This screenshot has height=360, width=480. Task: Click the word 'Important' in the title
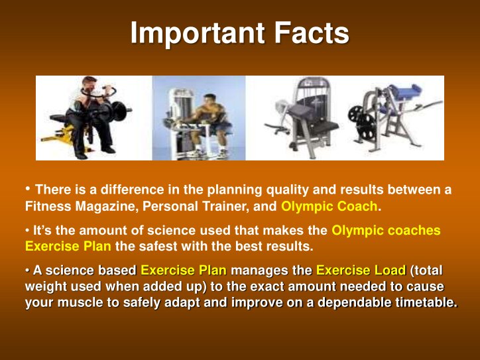[x=193, y=34]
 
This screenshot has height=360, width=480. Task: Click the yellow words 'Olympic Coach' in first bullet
[x=329, y=206]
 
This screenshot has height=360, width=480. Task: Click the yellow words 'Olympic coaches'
[x=386, y=231]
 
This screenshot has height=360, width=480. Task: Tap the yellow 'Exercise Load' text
[x=361, y=270]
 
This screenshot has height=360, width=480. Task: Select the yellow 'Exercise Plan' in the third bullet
[x=184, y=270]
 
